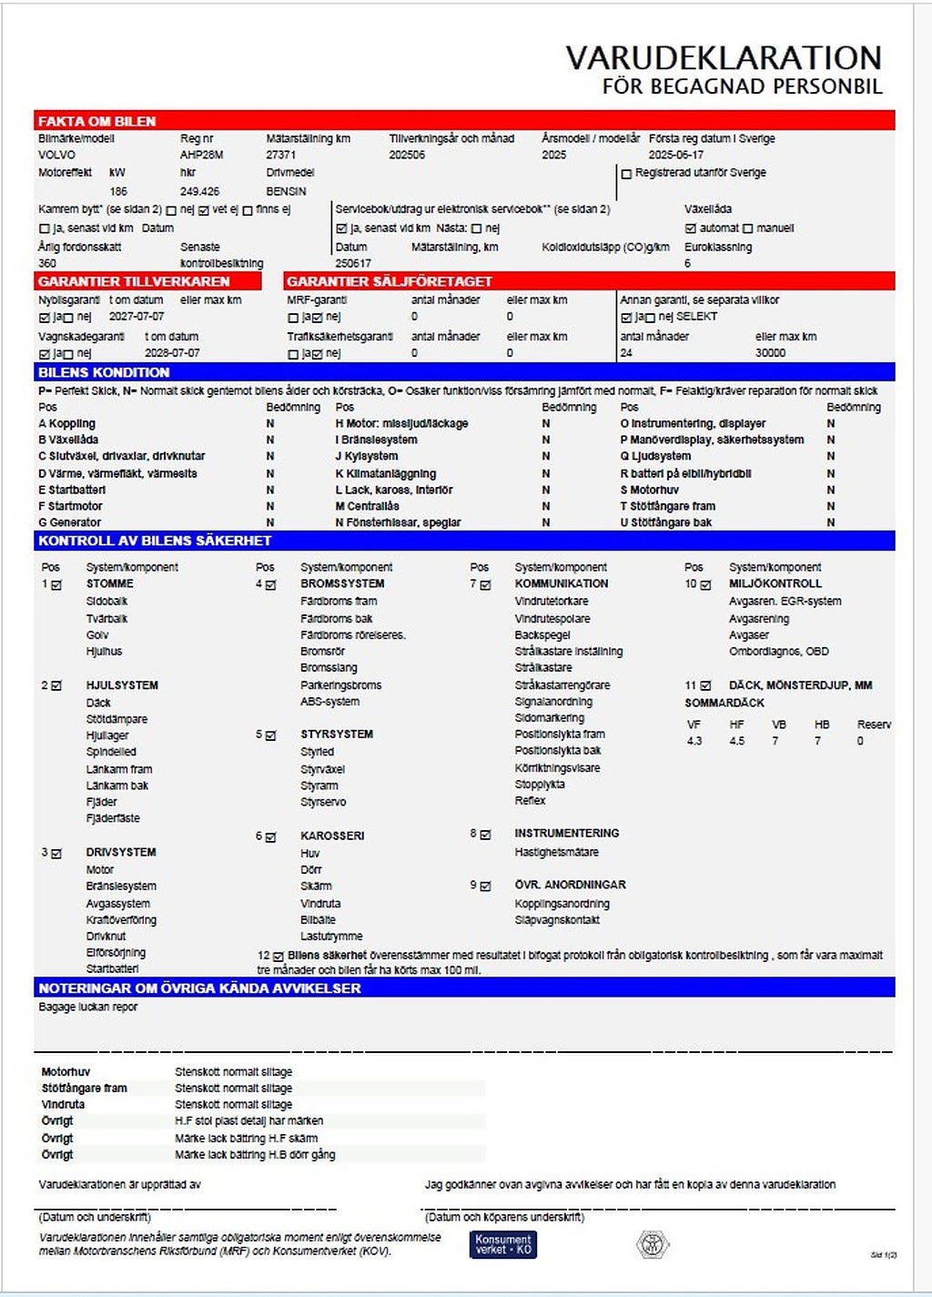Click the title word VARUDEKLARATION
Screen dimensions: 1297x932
pos(724,58)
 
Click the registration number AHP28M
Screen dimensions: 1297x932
pos(201,155)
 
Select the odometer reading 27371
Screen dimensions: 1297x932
pos(281,155)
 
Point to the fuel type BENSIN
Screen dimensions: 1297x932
pos(286,191)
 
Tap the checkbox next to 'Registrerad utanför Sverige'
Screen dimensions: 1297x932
pos(626,173)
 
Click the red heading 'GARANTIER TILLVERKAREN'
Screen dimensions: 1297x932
pos(134,281)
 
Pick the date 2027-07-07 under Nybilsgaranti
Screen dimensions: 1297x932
pos(137,317)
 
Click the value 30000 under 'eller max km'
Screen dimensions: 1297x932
pos(770,353)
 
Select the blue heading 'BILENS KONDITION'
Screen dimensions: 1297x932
pos(104,372)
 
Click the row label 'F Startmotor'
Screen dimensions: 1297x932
pos(70,506)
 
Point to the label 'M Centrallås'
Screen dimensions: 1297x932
pos(367,506)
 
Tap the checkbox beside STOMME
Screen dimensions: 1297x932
pos(56,585)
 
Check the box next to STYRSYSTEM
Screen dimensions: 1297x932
pos(270,735)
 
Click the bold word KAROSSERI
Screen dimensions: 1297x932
pos(332,836)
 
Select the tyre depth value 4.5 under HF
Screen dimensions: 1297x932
pos(736,741)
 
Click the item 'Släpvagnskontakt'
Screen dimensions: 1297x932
pos(557,920)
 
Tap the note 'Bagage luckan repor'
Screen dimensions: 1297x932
pos(88,1007)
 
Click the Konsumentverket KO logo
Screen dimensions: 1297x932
pos(503,1244)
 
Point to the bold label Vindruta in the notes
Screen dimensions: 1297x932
pos(63,1104)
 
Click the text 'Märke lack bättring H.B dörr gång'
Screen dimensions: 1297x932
pos(255,1154)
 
